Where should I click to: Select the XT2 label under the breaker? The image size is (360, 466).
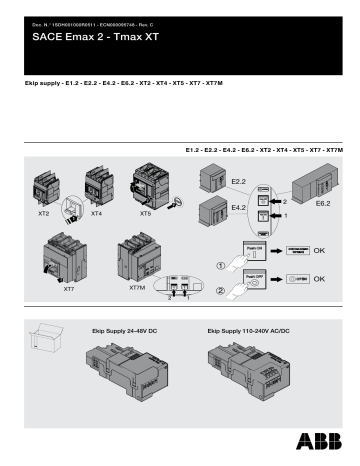[44, 213]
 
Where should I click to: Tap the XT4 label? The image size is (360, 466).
[96, 213]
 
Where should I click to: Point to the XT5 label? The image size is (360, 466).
[145, 213]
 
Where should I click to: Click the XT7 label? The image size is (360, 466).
[68, 288]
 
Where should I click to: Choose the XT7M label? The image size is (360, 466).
[137, 288]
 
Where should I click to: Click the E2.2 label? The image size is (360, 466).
[237, 181]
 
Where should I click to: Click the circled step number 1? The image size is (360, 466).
[223, 265]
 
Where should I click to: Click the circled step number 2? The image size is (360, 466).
[223, 292]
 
